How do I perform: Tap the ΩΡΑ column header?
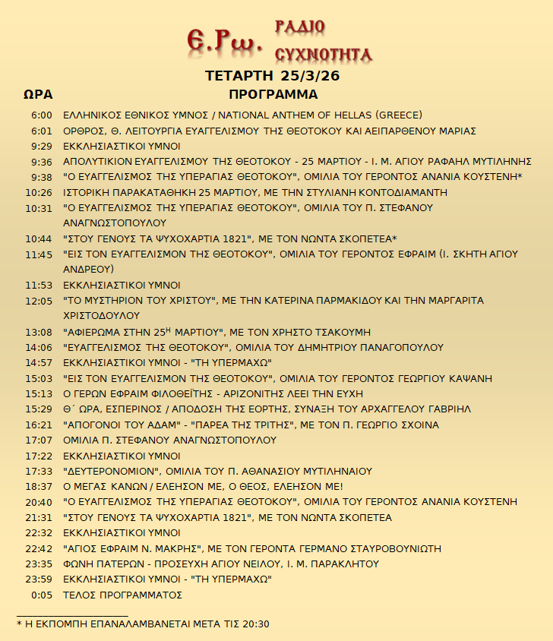37,95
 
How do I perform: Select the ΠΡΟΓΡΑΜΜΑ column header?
273,95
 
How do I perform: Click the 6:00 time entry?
41,115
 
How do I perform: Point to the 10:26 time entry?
39,192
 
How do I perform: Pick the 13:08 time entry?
39,332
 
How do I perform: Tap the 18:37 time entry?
39,486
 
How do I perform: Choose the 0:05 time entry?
42,595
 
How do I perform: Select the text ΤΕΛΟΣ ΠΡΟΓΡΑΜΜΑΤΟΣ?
122,595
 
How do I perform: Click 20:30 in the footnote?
256,624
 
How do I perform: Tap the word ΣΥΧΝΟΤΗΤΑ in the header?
322,54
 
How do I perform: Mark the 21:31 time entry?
39,517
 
